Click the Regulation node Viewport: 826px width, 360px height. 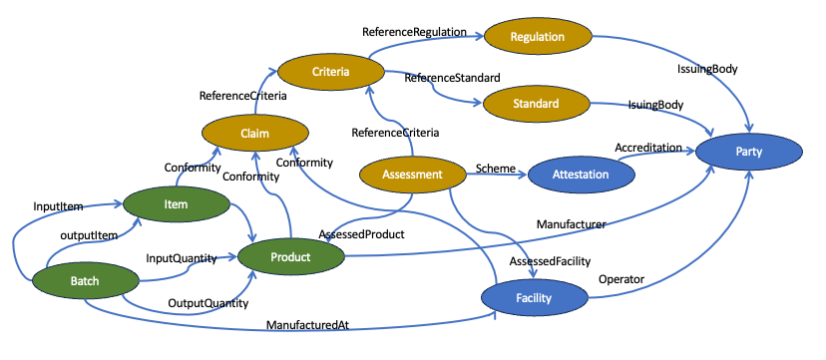point(538,37)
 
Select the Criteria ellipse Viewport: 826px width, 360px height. point(330,71)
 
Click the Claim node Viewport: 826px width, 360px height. point(254,132)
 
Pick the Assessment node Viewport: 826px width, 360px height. point(412,175)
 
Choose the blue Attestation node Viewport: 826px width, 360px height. point(581,173)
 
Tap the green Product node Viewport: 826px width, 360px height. point(290,256)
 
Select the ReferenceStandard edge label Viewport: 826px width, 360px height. point(453,77)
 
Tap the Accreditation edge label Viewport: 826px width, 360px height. point(654,147)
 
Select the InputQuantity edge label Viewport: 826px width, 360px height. point(182,258)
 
